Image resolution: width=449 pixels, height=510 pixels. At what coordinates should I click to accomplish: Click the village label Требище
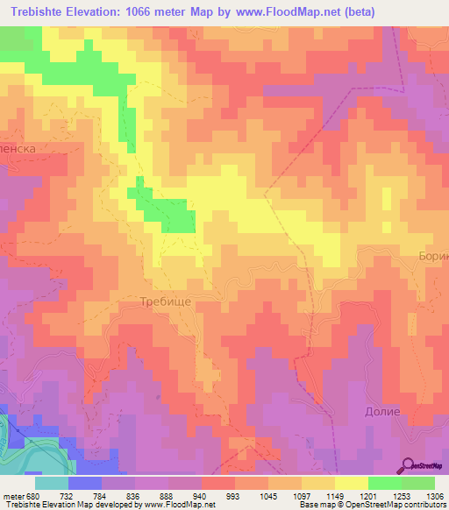click(x=166, y=301)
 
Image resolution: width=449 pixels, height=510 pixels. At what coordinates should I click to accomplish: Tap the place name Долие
click(x=381, y=411)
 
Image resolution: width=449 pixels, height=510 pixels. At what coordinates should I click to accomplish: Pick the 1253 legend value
click(x=401, y=495)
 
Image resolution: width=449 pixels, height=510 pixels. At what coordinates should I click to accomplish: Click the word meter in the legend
click(x=13, y=495)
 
